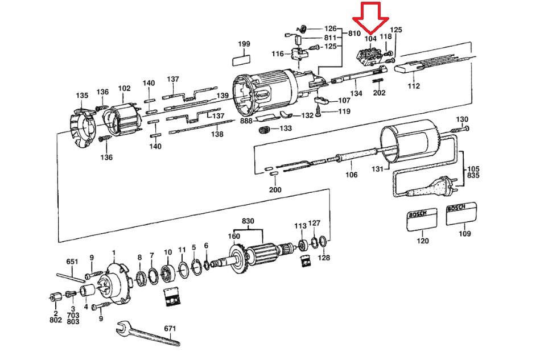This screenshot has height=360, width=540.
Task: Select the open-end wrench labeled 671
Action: pyautogui.click(x=148, y=333)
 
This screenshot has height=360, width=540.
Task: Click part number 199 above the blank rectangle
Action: pyautogui.click(x=244, y=44)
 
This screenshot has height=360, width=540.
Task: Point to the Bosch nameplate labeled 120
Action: pyautogui.click(x=422, y=220)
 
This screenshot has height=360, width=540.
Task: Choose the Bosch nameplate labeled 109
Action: pyautogui.click(x=461, y=214)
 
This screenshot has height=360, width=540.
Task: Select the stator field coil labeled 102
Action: pyautogui.click(x=122, y=119)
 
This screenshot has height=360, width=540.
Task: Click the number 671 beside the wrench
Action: pyautogui.click(x=170, y=328)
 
